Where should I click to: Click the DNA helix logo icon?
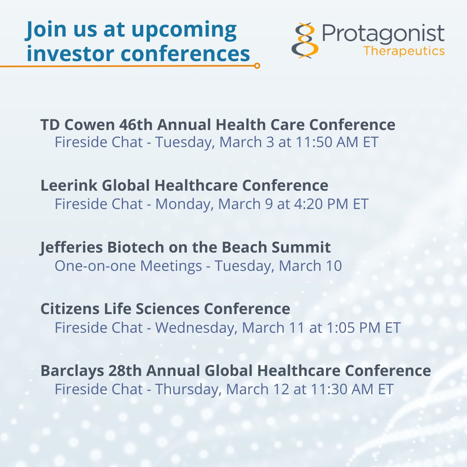pyautogui.click(x=305, y=40)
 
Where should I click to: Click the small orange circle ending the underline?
pyautogui.click(x=257, y=66)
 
